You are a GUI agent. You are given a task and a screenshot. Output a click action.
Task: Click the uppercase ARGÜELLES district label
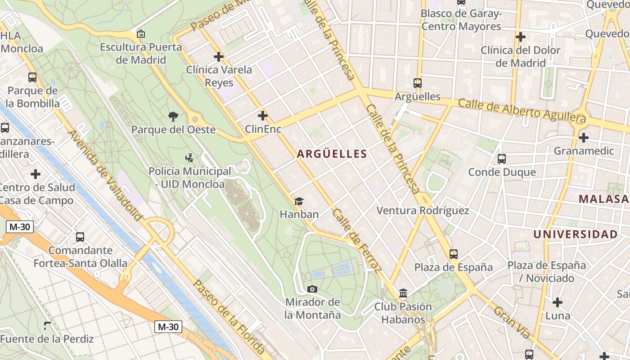(332, 154)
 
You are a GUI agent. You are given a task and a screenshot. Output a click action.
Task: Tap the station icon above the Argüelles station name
(418, 83)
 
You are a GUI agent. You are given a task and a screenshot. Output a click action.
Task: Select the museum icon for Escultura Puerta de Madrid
(140, 34)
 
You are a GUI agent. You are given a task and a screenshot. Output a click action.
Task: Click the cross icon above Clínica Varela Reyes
(219, 57)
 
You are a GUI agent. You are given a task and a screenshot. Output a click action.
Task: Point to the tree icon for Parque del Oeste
(173, 117)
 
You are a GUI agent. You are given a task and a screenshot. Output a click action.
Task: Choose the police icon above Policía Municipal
(189, 158)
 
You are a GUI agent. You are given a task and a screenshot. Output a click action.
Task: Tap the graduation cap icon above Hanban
(299, 201)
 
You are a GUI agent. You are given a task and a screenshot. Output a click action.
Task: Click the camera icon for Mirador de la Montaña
(312, 289)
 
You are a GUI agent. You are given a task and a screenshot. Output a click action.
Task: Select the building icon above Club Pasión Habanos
(403, 293)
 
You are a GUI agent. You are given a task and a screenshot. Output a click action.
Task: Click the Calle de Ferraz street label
(357, 240)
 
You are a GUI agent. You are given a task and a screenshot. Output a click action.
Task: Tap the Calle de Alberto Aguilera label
(522, 111)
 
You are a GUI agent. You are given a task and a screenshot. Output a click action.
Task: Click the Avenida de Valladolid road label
(105, 175)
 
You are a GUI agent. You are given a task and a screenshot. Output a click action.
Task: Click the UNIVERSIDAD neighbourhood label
(575, 234)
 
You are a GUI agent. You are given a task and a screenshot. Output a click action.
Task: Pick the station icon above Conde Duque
(502, 158)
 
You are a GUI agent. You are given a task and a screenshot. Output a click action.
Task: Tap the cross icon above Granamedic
(584, 137)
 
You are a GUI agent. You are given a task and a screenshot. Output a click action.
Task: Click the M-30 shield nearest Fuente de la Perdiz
(168, 327)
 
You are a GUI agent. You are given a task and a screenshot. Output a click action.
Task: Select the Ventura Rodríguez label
(423, 210)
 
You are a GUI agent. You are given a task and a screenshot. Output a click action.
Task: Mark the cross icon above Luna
(558, 302)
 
